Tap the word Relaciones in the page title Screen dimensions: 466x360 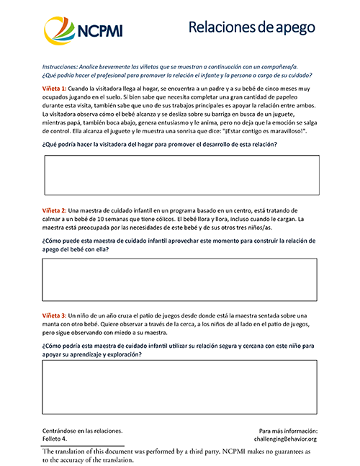tap(222, 27)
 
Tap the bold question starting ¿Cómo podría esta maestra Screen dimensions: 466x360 tap(180, 350)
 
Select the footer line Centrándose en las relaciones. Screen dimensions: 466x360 tap(77, 430)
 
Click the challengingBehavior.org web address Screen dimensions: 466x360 tap(286, 438)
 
